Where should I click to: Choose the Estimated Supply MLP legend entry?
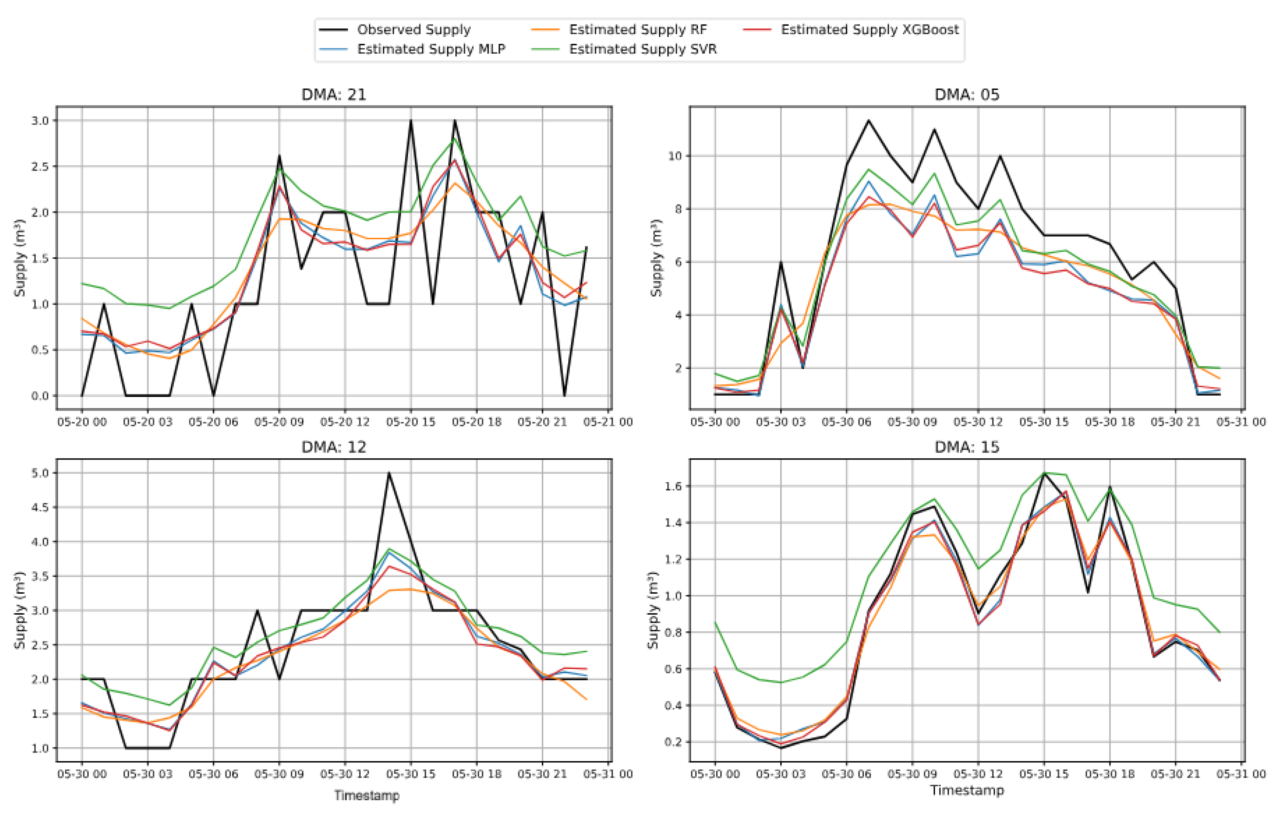pyautogui.click(x=431, y=49)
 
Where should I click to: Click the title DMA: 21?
pyautogui.click(x=334, y=95)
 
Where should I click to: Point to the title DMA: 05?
pyautogui.click(x=967, y=95)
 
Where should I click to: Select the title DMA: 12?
pyautogui.click(x=334, y=447)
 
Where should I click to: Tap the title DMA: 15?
pyautogui.click(x=967, y=447)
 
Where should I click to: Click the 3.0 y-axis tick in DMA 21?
pyautogui.click(x=40, y=121)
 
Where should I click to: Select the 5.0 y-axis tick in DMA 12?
pyautogui.click(x=40, y=473)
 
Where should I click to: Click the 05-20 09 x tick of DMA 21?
pyautogui.click(x=279, y=422)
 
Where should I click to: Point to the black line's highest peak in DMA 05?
pyautogui.click(x=868, y=121)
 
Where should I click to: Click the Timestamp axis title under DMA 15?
pyautogui.click(x=967, y=790)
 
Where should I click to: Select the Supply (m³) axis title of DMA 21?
pyautogui.click(x=20, y=258)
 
